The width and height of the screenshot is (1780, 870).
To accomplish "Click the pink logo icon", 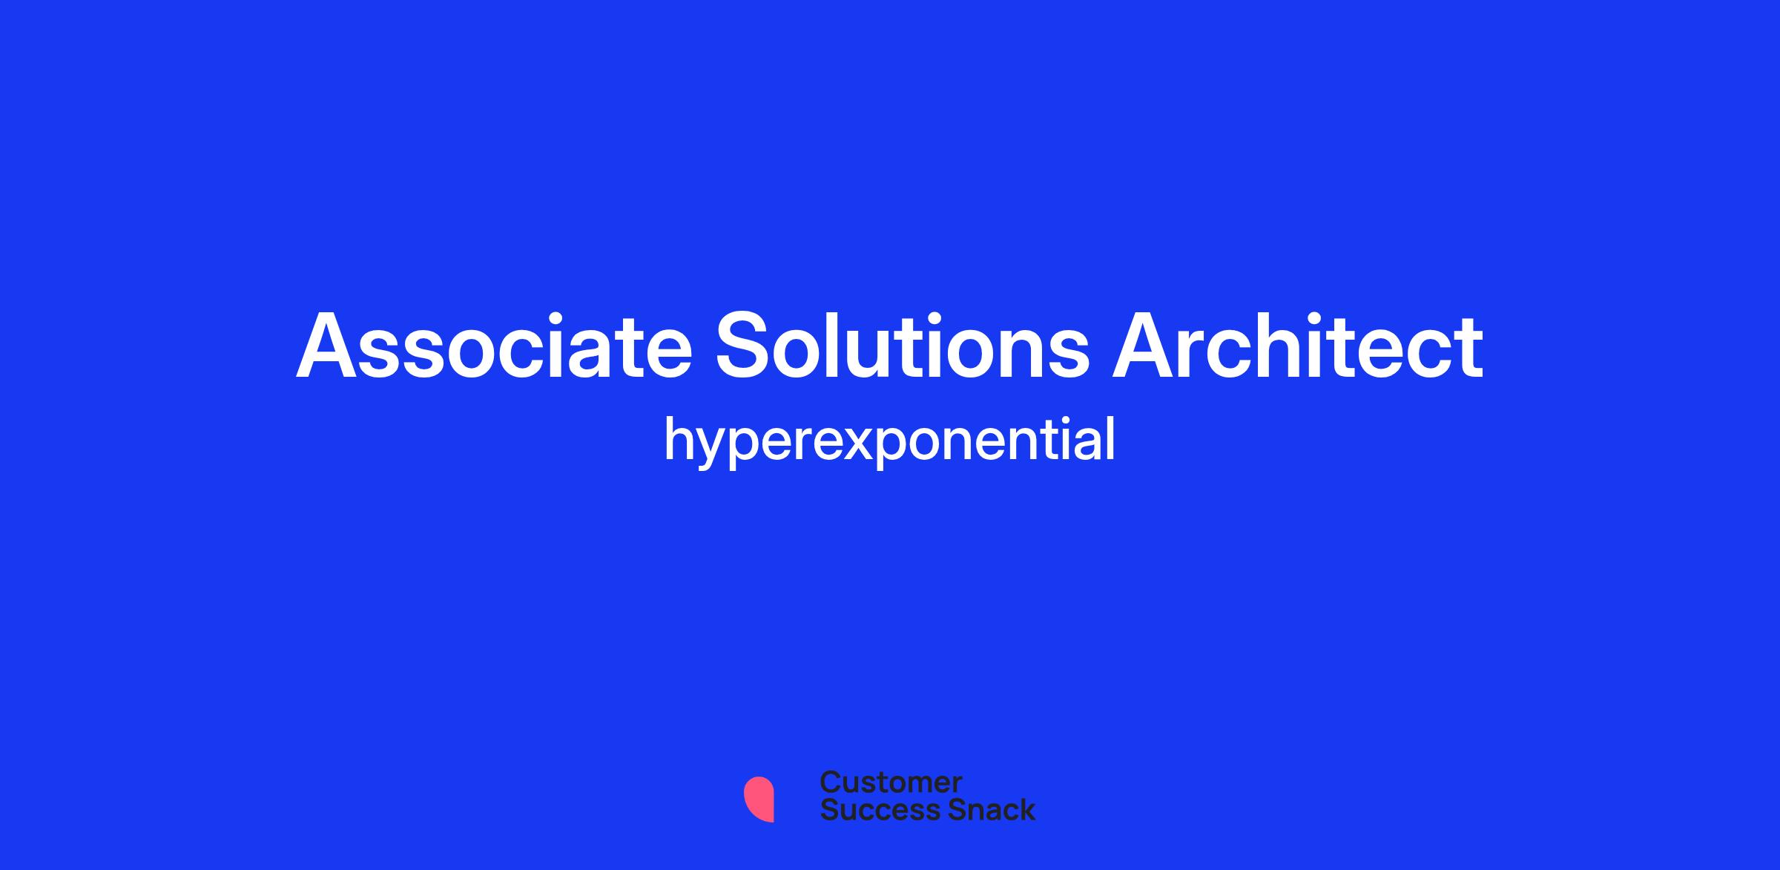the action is click(x=759, y=800).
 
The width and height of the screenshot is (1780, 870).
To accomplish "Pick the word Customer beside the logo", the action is click(x=891, y=782).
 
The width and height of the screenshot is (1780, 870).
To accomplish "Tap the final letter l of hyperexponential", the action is click(x=1110, y=438).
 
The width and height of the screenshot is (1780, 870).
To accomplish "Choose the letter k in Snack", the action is click(x=1026, y=809).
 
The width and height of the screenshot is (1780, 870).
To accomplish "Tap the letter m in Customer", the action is click(x=915, y=785).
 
